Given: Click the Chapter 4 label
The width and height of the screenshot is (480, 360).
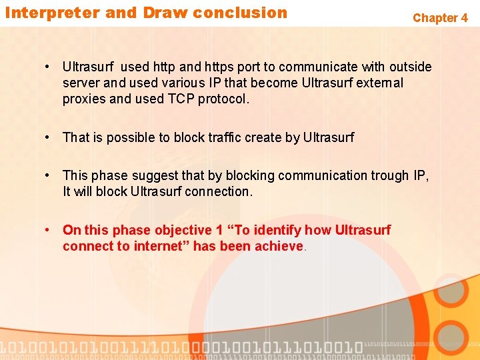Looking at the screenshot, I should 440,18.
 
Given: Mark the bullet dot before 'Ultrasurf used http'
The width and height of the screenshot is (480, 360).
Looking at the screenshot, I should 48,67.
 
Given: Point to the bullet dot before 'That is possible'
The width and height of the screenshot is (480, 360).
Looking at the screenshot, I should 48,137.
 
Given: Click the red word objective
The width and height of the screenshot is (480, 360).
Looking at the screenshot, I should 183,230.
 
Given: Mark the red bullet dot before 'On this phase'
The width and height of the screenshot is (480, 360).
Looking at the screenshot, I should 48,230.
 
